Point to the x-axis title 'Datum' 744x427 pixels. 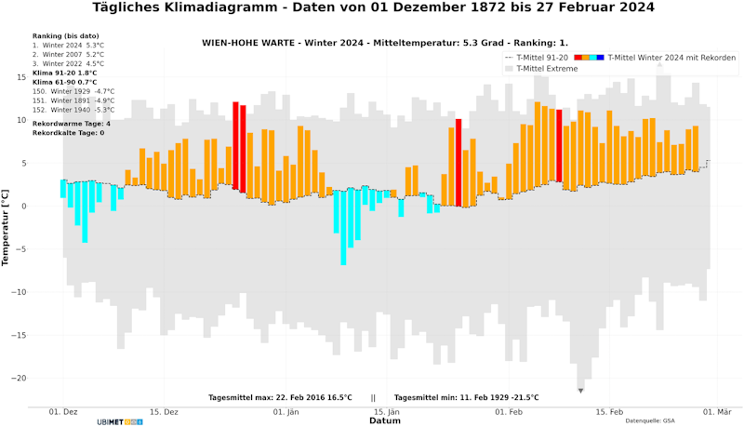pyautogui.click(x=384, y=420)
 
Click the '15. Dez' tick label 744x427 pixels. pyautogui.click(x=164, y=410)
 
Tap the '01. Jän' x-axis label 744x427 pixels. pyautogui.click(x=286, y=410)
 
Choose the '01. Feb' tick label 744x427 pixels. pyautogui.click(x=510, y=410)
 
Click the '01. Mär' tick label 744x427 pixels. pyautogui.click(x=718, y=410)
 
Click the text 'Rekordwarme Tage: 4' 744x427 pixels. pyautogui.click(x=71, y=123)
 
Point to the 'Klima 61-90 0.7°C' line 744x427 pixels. pyautogui.click(x=64, y=82)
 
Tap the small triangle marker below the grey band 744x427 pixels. pyautogui.click(x=580, y=391)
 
